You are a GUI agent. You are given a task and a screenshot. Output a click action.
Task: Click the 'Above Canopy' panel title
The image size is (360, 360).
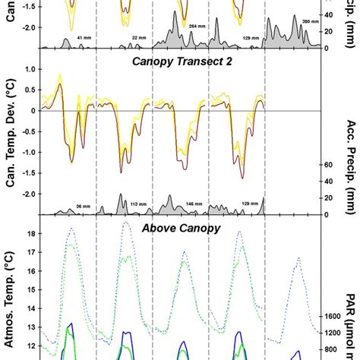coord(153,226)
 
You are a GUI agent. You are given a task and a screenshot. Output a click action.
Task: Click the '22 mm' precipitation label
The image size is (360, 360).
coord(138,36)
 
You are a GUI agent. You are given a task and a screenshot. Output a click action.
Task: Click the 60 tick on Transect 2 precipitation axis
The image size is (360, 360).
coord(331,165)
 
